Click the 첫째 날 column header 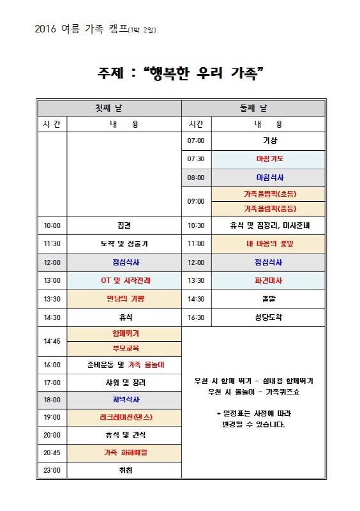point(109,107)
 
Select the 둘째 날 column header point(253,107)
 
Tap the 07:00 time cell point(196,141)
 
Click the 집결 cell point(124,225)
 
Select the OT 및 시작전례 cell point(124,280)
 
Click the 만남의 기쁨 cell point(124,298)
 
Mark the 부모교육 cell point(124,349)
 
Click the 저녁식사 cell point(124,400)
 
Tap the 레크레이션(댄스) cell point(124,417)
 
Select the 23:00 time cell point(52,471)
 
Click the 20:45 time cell point(52,453)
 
